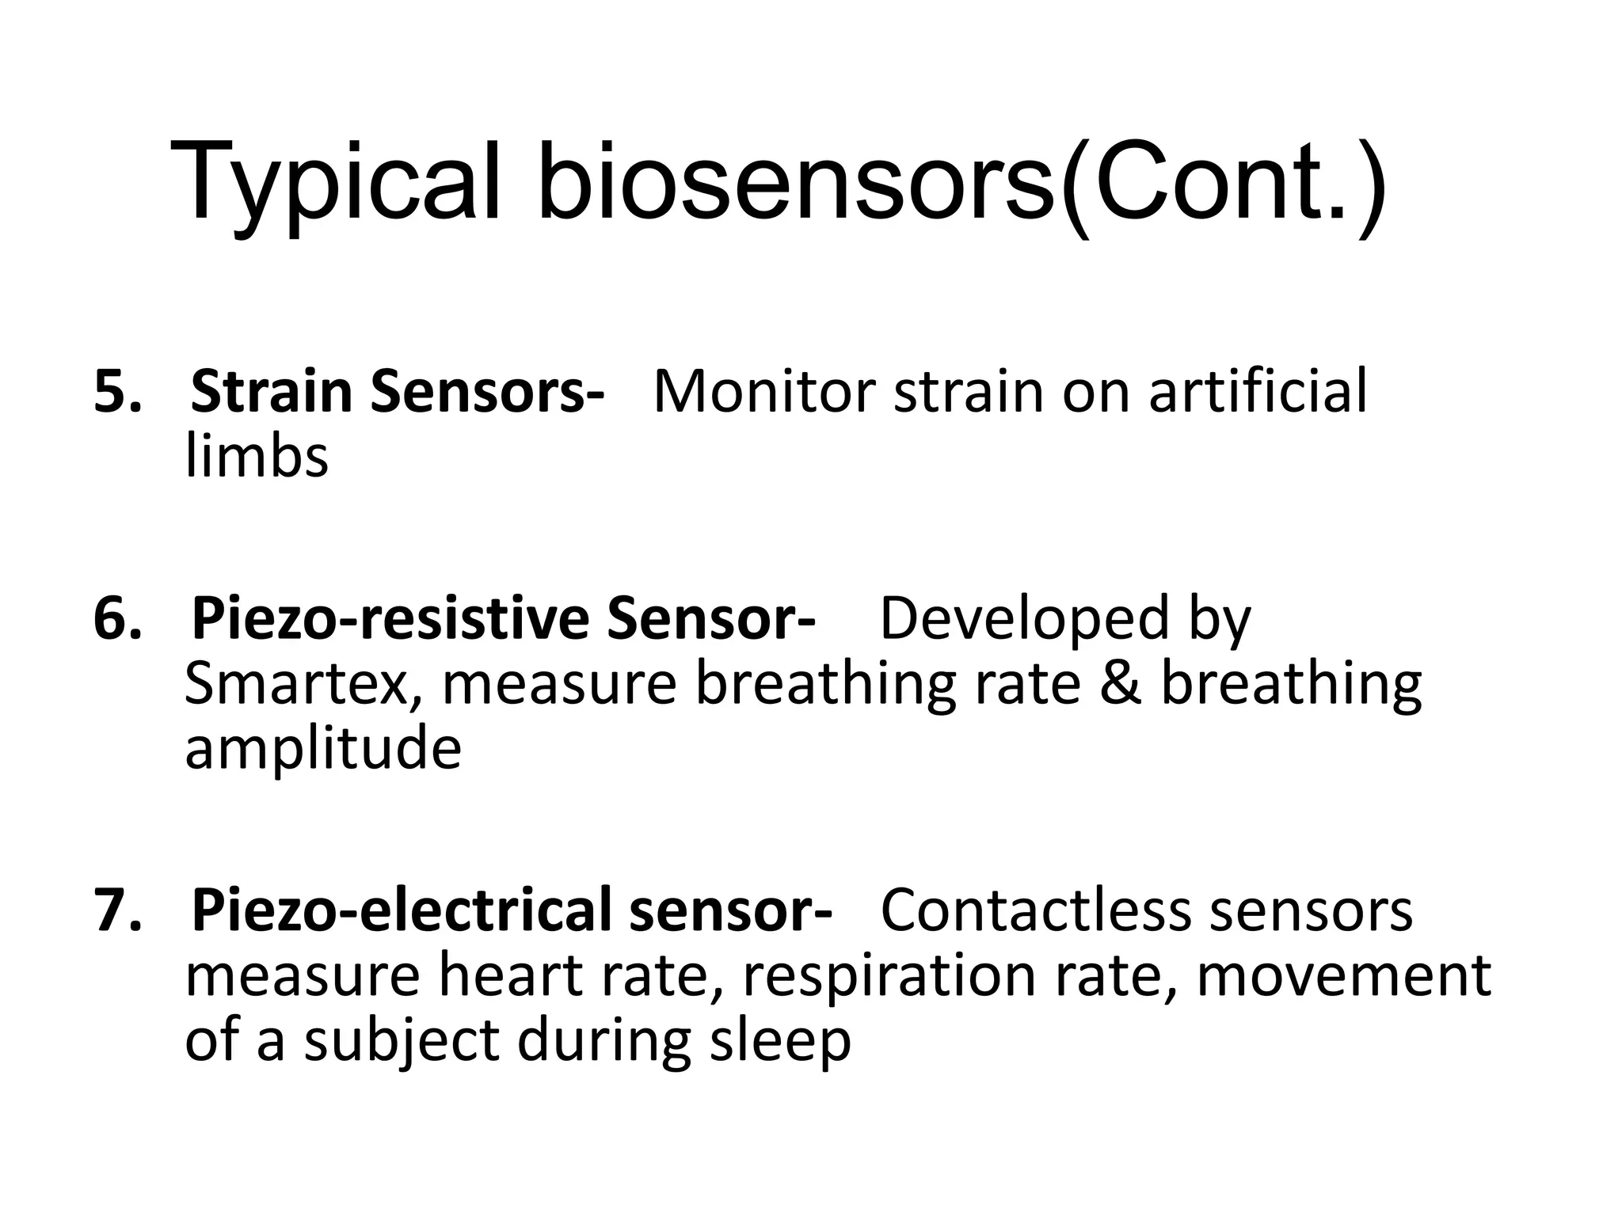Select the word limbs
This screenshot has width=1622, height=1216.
pos(256,457)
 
